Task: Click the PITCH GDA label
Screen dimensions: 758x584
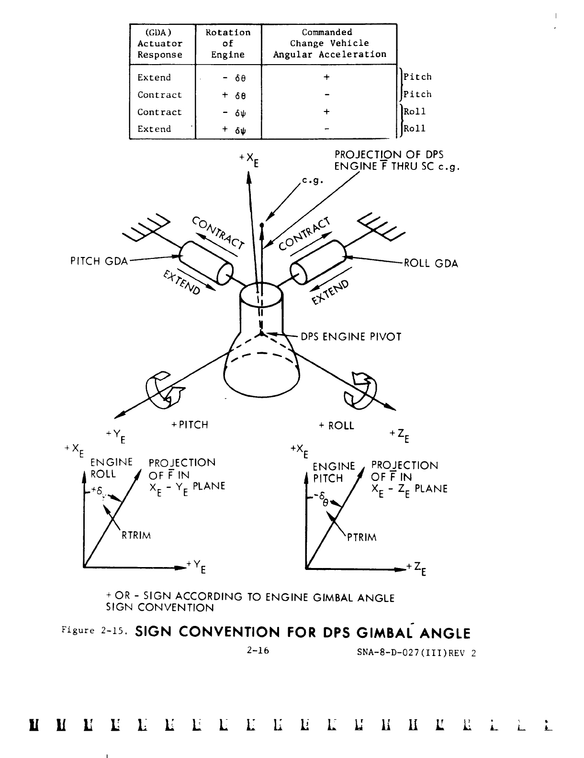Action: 99,261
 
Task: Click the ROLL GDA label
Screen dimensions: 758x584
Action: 431,264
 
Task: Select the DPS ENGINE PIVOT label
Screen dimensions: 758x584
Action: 350,336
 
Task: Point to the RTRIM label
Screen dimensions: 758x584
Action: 136,535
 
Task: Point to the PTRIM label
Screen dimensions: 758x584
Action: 362,537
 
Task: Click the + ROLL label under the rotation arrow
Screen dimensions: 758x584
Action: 337,425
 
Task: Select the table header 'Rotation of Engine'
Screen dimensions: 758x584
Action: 228,44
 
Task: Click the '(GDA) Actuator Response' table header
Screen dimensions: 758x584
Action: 160,44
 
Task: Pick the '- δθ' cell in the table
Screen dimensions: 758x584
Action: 228,78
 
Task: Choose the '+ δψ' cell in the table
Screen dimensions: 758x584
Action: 228,130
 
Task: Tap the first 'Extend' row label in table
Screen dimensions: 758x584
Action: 154,78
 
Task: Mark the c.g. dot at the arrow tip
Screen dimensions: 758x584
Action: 262,224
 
